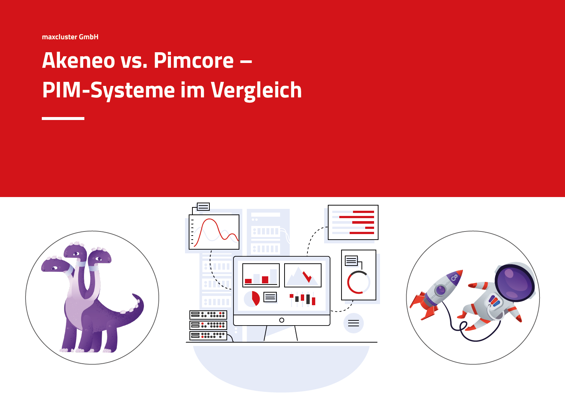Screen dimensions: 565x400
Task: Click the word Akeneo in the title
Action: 78,60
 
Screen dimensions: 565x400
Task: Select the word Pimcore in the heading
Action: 194,60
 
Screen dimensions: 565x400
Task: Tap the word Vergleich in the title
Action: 256,90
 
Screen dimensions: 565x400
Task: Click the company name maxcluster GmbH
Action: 70,37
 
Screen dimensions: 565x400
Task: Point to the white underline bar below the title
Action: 63,118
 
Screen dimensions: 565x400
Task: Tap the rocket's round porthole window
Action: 441,290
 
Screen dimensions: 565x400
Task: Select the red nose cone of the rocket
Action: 458,274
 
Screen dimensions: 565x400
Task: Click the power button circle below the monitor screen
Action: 282,320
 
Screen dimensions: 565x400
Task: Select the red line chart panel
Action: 214,232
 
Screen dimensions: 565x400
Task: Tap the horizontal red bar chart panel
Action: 353,222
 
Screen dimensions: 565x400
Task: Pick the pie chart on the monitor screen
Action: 252,299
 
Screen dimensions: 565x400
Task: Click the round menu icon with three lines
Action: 353,323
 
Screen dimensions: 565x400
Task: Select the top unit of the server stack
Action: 208,315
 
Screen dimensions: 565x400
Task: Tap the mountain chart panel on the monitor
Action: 303,275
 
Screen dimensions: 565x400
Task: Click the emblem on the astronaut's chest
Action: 494,301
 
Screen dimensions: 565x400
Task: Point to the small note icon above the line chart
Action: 203,207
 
